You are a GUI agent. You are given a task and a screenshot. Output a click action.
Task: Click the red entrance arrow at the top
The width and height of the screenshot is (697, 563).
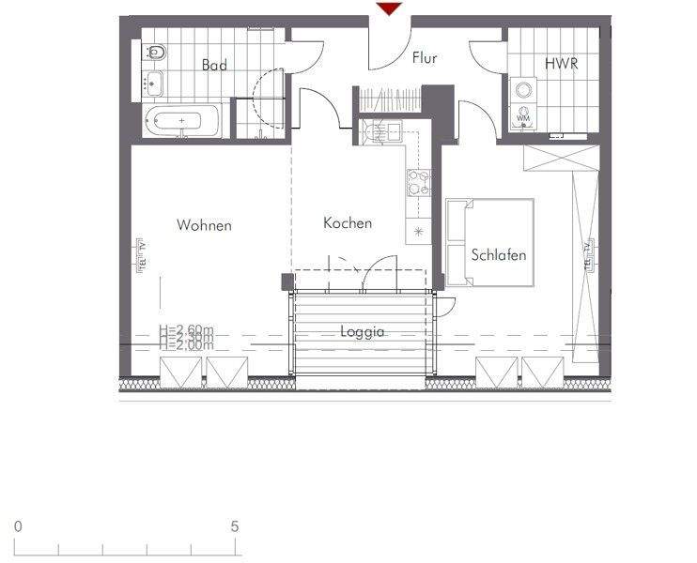(389, 8)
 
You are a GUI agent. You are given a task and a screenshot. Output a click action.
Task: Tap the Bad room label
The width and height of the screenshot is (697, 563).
(215, 65)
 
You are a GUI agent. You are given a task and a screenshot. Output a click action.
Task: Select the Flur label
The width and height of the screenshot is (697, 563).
(425, 58)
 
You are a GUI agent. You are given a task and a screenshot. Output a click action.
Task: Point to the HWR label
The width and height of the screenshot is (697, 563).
(560, 65)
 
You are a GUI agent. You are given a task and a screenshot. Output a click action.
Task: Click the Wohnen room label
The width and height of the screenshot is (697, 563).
(204, 225)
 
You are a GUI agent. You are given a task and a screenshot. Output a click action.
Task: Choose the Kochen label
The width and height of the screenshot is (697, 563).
(348, 223)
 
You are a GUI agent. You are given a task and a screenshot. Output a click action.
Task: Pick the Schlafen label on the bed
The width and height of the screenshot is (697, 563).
(499, 255)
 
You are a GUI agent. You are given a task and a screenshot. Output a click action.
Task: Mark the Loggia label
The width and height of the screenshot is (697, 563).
(363, 332)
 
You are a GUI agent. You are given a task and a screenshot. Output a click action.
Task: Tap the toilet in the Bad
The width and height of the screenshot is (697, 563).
(156, 53)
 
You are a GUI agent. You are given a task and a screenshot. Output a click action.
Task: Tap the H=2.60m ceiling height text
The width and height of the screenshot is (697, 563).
(186, 329)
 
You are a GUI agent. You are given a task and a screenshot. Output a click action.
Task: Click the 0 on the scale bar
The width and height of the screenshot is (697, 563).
(18, 526)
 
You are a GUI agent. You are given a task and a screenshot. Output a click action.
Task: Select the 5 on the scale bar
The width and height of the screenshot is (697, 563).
(235, 526)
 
